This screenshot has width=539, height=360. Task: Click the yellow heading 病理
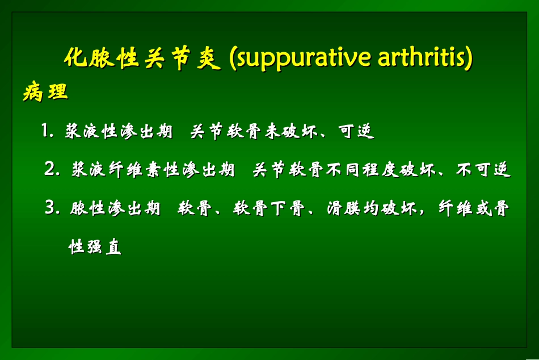pyautogui.click(x=45, y=92)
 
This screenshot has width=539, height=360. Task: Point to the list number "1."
pyautogui.click(x=48, y=132)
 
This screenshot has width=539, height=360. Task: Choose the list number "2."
pyautogui.click(x=52, y=169)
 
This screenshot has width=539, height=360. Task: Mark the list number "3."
pyautogui.click(x=52, y=208)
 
